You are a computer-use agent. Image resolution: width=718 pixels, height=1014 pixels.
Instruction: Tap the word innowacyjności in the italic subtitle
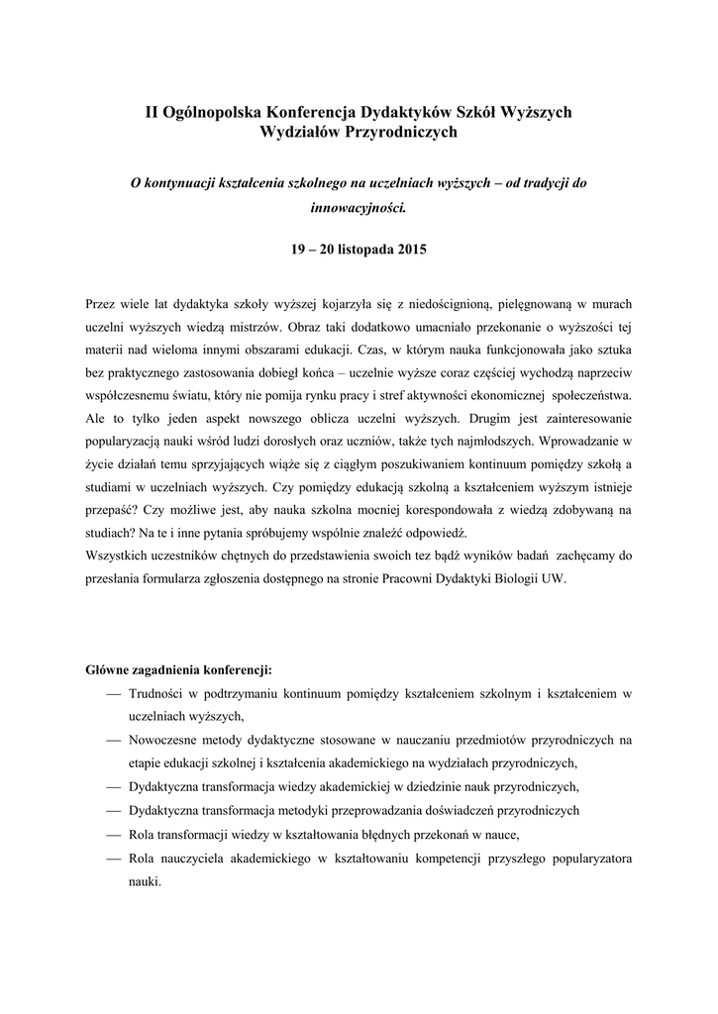[x=359, y=209]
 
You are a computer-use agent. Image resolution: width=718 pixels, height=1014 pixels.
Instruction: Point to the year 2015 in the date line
[x=411, y=250]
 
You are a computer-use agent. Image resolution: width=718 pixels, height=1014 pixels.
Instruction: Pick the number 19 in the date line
[x=298, y=250]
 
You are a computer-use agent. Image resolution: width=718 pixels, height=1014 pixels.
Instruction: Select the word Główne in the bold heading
[x=109, y=669]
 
